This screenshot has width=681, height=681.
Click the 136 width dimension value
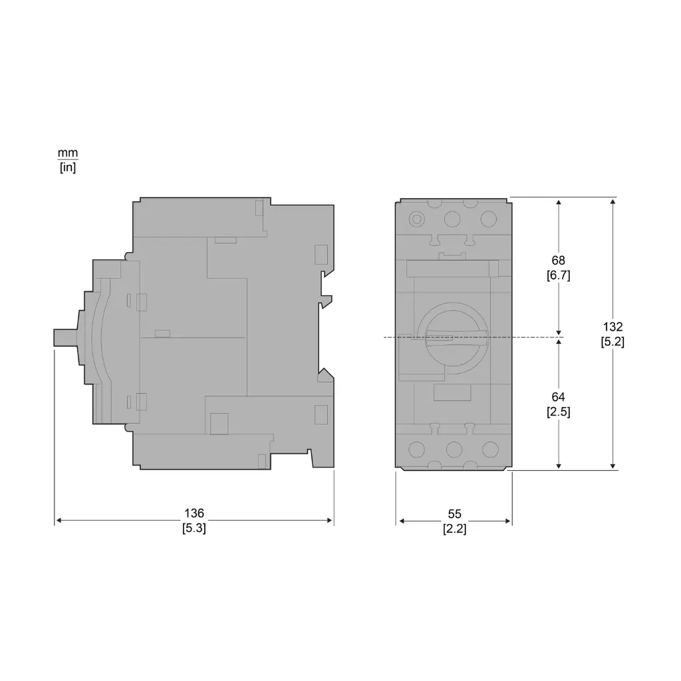[194, 513]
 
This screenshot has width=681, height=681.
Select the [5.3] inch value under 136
[194, 529]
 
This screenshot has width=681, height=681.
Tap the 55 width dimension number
[454, 514]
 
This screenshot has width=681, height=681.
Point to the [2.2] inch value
[454, 530]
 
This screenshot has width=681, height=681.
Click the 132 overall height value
[613, 327]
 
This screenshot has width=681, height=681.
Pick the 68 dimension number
[558, 260]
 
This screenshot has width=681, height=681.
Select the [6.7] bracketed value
[558, 275]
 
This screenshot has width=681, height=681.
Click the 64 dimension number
[558, 397]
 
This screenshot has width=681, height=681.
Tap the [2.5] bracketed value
[558, 412]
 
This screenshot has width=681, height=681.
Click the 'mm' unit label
[68, 153]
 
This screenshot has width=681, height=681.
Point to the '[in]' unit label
[68, 168]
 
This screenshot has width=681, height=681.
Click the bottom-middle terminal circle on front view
[454, 450]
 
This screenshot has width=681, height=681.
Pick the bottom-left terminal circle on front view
[417, 450]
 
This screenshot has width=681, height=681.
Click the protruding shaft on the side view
[65, 337]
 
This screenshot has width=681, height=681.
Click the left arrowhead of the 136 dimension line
[58, 521]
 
